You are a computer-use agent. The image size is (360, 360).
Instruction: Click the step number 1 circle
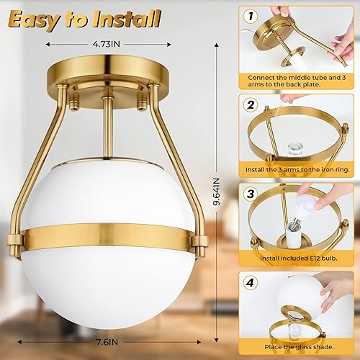point(251,14)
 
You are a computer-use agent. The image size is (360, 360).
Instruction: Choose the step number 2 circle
point(251,104)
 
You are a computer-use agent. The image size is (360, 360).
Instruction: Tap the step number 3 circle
point(251,194)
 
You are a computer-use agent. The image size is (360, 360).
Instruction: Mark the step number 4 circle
point(251,283)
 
